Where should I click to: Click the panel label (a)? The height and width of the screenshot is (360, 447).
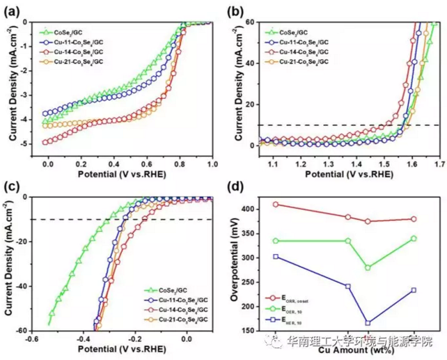13,10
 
